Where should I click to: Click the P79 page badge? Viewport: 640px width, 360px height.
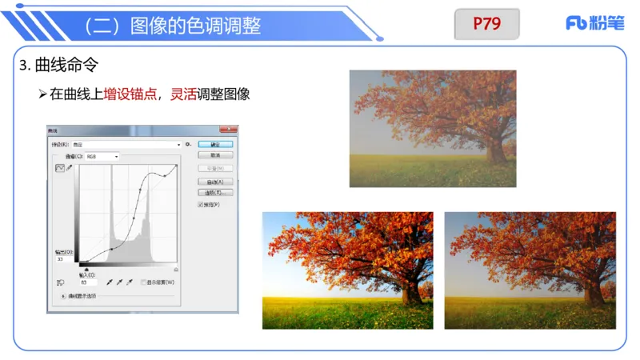[486, 23]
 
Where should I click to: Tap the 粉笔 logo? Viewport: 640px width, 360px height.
[594, 23]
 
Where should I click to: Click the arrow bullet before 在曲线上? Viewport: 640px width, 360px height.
[43, 94]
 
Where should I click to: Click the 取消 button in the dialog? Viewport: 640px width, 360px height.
[214, 155]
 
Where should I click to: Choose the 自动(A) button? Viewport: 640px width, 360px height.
[214, 182]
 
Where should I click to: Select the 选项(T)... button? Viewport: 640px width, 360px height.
[214, 193]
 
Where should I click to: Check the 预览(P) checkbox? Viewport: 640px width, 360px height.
[201, 205]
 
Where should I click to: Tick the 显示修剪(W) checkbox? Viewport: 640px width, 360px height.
[143, 282]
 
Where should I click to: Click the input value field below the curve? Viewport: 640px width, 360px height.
[87, 282]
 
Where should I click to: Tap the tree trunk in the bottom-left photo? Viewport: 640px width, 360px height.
[412, 293]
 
